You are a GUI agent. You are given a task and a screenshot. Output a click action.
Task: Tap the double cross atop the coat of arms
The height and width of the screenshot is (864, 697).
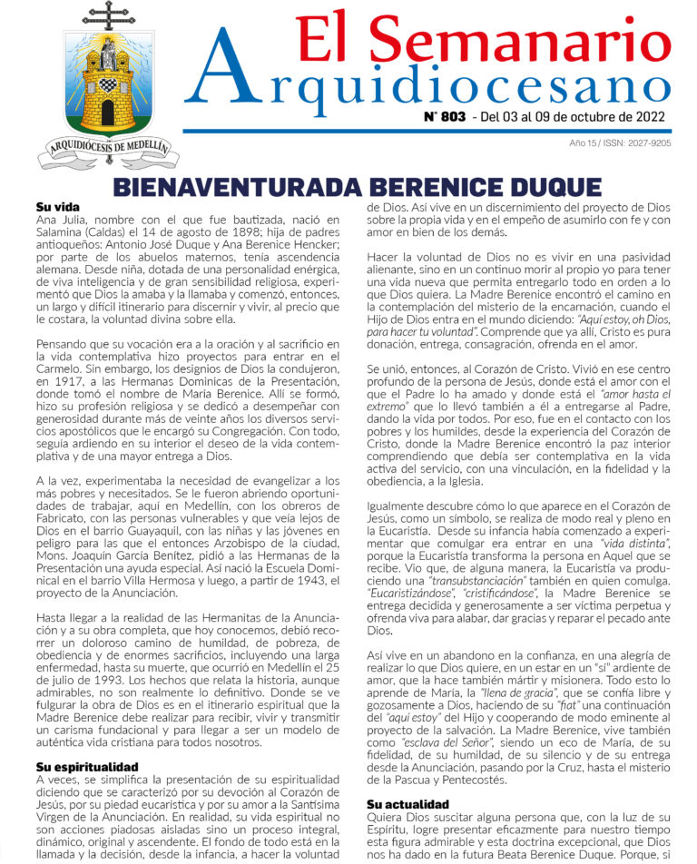[107, 15]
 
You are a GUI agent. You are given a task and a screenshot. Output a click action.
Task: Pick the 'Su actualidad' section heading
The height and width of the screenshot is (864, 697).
[407, 803]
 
